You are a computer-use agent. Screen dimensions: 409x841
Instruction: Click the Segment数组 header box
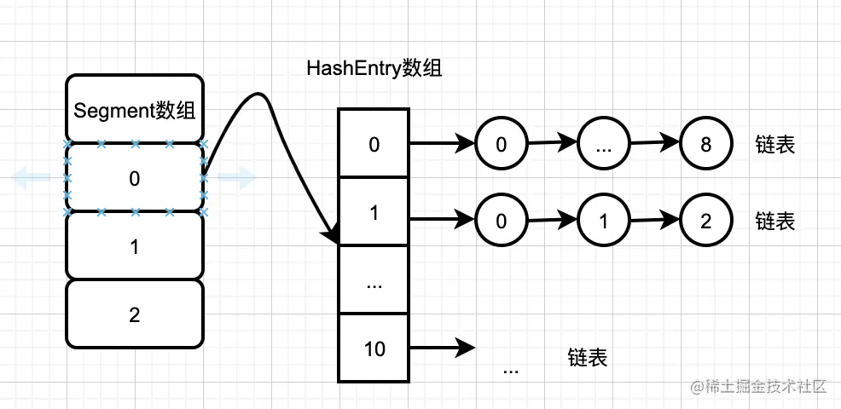pyautogui.click(x=134, y=110)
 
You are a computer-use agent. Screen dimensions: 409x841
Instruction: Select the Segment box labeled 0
pyautogui.click(x=134, y=178)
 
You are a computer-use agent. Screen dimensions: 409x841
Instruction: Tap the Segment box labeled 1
pyautogui.click(x=134, y=246)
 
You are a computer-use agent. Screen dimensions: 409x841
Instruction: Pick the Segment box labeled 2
pyautogui.click(x=134, y=314)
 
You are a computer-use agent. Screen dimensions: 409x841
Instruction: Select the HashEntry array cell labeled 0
pyautogui.click(x=374, y=144)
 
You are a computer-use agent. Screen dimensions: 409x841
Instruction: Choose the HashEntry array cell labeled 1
pyautogui.click(x=374, y=212)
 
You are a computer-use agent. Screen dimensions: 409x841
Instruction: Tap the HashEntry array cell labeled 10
pyautogui.click(x=374, y=349)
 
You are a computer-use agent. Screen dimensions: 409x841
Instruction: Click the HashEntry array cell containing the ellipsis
pyautogui.click(x=374, y=282)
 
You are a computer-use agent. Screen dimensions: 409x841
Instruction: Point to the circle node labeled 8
pyautogui.click(x=705, y=144)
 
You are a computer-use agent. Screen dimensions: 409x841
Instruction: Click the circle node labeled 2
pyautogui.click(x=705, y=221)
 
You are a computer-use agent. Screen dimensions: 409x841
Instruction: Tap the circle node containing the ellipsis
pyautogui.click(x=603, y=144)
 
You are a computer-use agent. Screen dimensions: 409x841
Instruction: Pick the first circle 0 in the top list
pyautogui.click(x=501, y=144)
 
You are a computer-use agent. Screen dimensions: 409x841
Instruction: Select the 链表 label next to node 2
pyautogui.click(x=775, y=222)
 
